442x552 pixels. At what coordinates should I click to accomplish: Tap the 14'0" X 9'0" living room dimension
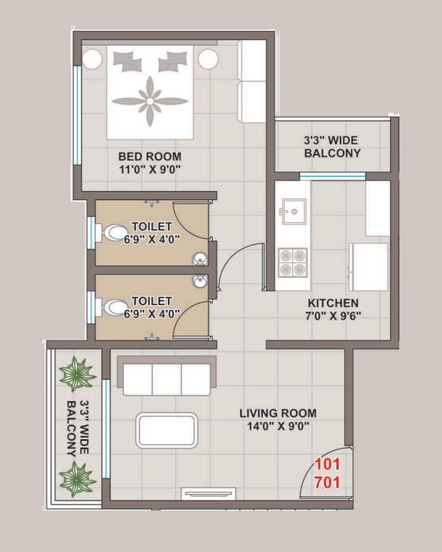point(278,426)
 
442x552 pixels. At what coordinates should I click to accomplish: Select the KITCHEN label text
point(333,303)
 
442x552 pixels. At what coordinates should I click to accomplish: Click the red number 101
point(327,464)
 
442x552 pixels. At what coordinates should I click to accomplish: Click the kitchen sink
point(293,211)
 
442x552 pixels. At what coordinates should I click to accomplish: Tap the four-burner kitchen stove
point(293,262)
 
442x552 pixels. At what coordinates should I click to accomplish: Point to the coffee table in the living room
point(167,430)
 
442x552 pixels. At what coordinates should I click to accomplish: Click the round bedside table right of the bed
point(209,59)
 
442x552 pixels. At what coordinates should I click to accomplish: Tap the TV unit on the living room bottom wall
point(209,494)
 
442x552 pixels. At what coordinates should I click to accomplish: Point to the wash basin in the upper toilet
point(200,258)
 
